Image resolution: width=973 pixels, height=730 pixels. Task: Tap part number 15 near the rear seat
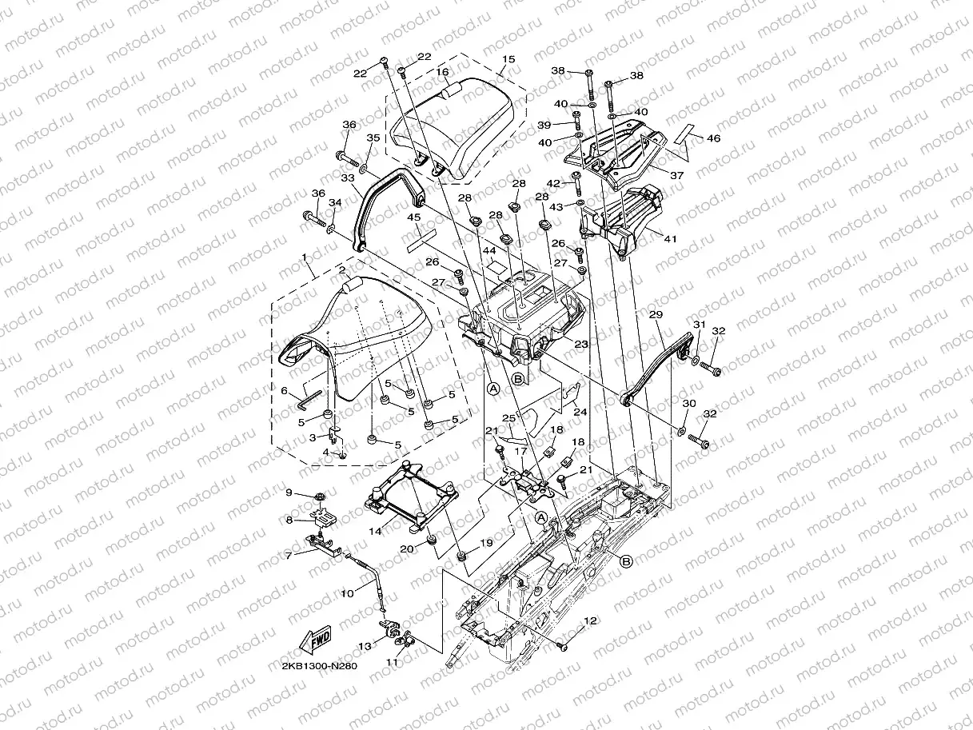508,59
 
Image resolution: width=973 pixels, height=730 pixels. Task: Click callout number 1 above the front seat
305,257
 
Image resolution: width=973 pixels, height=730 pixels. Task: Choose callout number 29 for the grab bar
656,315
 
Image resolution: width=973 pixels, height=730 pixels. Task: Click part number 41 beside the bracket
670,237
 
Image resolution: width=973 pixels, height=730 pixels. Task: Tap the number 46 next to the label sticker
712,139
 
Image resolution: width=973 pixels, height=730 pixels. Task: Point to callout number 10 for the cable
347,593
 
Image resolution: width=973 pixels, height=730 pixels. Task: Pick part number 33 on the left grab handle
347,178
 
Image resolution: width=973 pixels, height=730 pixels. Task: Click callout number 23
581,345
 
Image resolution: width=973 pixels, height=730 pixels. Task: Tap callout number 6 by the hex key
284,390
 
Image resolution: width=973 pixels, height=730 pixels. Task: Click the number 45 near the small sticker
414,217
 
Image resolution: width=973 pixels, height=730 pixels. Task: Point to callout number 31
697,325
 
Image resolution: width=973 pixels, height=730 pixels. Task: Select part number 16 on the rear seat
441,71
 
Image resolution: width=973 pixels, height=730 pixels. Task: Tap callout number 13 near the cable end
365,645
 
